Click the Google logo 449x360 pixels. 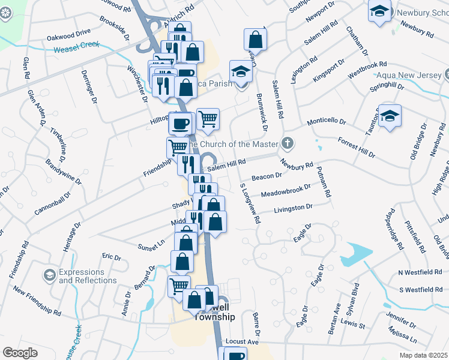pos(20,352)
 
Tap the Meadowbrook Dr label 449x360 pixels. pos(286,191)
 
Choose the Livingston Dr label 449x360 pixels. pos(294,208)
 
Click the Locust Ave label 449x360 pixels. pos(242,342)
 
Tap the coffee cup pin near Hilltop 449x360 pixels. pos(181,124)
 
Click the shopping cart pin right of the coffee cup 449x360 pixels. pos(208,119)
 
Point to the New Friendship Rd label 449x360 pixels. pos(37,302)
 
